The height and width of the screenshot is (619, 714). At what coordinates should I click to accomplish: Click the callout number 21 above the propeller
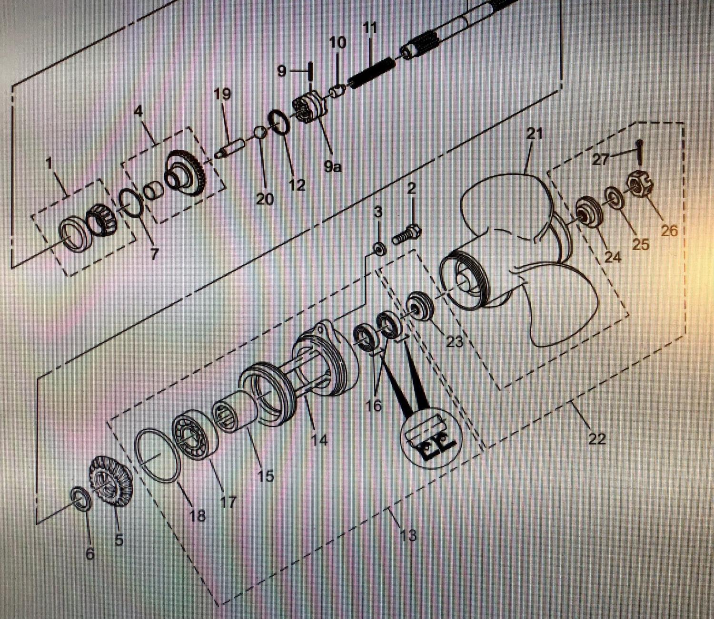534,134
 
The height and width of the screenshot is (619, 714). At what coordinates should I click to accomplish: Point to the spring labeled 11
371,73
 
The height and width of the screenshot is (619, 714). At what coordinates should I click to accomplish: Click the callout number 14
319,440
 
